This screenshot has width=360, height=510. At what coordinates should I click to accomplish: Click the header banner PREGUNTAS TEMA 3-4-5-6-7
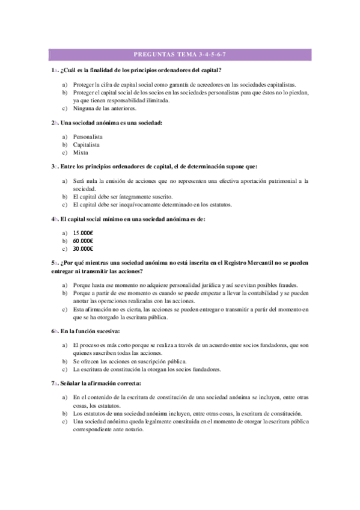(180, 55)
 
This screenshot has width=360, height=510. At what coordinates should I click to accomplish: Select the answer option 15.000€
(83, 233)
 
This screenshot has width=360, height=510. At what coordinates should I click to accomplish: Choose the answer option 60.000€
(83, 241)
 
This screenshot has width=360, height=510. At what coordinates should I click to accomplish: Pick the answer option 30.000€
(83, 248)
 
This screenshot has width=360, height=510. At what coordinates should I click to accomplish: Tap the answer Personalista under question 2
(88, 137)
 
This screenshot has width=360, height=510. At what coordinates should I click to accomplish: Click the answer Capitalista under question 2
(87, 145)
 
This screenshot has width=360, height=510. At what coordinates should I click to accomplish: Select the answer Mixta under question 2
(81, 153)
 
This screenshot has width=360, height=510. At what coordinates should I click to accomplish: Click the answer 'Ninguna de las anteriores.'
(105, 109)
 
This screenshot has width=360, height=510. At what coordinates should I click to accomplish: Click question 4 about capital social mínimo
(129, 219)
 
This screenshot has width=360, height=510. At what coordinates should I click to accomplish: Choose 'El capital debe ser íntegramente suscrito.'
(123, 197)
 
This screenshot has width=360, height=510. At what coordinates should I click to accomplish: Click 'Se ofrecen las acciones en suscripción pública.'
(130, 361)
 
